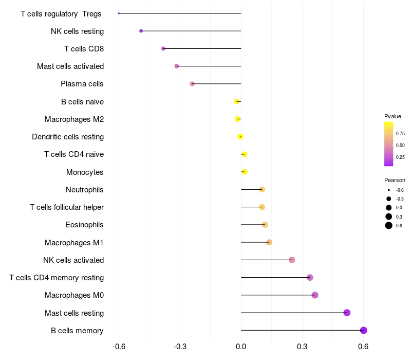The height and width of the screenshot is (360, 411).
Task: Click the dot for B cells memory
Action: [x=364, y=330]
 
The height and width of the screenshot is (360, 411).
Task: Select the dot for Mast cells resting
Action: [x=347, y=313]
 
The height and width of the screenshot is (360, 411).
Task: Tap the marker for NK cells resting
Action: [x=141, y=31]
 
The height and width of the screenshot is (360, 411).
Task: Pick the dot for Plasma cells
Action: [x=192, y=84]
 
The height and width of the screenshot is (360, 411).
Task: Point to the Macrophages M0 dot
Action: [x=315, y=295]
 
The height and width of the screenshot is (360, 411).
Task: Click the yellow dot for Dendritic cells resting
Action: [x=240, y=137]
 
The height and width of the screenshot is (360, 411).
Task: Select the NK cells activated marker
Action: [x=292, y=260]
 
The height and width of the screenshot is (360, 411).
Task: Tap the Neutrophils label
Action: [x=85, y=190]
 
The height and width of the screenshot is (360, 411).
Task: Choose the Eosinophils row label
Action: [x=84, y=225]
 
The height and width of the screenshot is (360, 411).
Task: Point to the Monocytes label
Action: [x=85, y=172]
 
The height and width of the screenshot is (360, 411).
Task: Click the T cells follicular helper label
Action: [x=67, y=207]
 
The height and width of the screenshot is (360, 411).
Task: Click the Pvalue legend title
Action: [x=393, y=117]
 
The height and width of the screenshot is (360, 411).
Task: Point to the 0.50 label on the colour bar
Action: [x=400, y=146]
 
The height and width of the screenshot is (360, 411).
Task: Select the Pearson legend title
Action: [x=395, y=181]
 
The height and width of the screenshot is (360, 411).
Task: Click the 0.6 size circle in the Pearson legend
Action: [x=389, y=225]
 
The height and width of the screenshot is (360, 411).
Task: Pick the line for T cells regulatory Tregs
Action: [x=180, y=13]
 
